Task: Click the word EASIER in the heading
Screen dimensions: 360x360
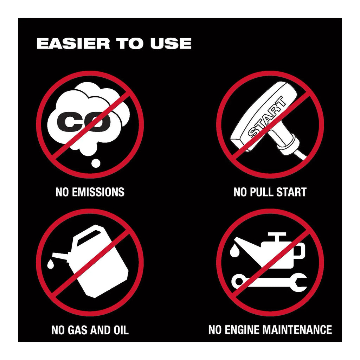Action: click(x=73, y=44)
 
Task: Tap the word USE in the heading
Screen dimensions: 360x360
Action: click(x=171, y=44)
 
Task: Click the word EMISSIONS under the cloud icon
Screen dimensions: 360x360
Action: click(x=98, y=192)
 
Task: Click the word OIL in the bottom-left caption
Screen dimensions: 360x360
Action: click(x=121, y=330)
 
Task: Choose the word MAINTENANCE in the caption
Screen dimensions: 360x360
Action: click(x=297, y=329)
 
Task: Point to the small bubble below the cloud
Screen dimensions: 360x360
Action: click(x=96, y=163)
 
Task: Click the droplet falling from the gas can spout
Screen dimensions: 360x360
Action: click(x=50, y=264)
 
